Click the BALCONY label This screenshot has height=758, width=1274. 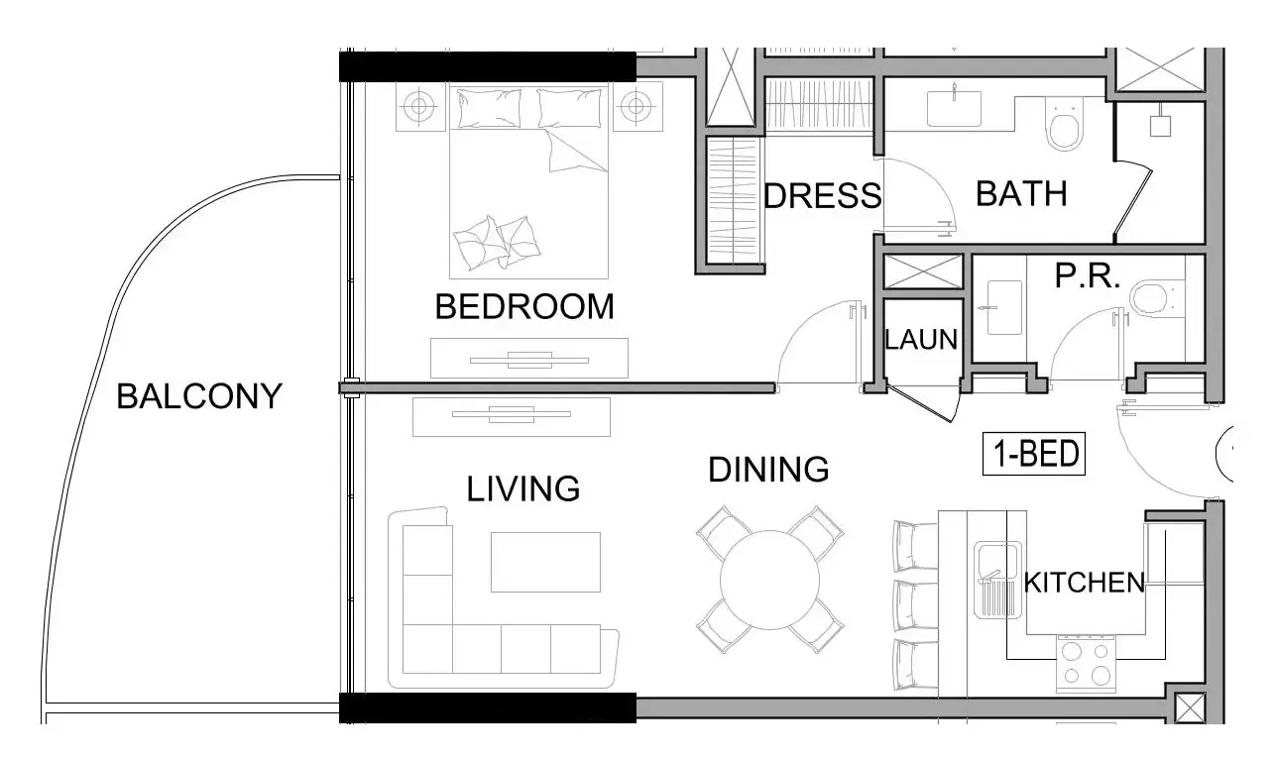[x=199, y=396]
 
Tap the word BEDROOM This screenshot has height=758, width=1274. [x=524, y=307]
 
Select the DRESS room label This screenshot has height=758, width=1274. [x=823, y=195]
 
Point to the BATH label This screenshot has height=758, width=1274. [x=1021, y=194]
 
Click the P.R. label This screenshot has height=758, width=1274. [x=1087, y=275]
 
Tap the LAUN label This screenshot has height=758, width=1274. [x=921, y=339]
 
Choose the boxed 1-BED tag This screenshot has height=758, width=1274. [x=1034, y=454]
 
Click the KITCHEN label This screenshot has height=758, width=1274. [x=1084, y=583]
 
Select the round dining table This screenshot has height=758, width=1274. [x=769, y=581]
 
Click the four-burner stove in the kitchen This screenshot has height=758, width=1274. [x=1086, y=664]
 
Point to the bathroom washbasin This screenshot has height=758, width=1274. [x=954, y=108]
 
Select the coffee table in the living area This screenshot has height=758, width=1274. [x=545, y=562]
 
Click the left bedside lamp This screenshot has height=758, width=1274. [x=419, y=106]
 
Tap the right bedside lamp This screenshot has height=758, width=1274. [x=637, y=106]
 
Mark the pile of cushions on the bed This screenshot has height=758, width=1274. [x=497, y=243]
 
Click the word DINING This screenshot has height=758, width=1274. [x=768, y=470]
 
